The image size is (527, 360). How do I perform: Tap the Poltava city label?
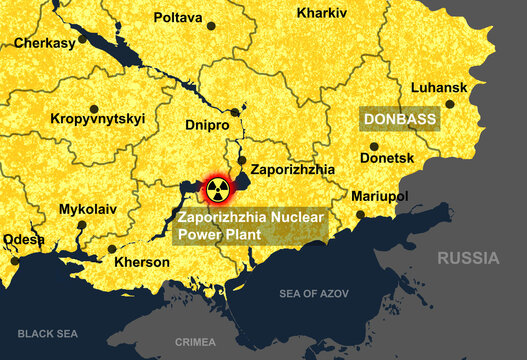tap(178, 18)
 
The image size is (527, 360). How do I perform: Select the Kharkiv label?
tap(322, 13)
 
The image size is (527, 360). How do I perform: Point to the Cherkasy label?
tap(44, 44)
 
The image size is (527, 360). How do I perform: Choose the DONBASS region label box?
tap(401, 119)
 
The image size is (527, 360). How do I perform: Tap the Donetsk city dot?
tap(374, 146)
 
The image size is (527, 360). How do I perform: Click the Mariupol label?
tap(385, 196)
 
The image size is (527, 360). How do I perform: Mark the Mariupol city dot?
tap(360, 214)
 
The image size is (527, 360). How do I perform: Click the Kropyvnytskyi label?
tap(97, 119)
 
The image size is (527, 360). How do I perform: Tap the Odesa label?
tap(23, 240)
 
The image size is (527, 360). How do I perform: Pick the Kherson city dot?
tap(111, 249)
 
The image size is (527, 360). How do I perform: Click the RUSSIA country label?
tap(467, 258)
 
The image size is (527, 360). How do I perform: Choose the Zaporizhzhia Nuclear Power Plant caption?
tap(249, 225)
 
